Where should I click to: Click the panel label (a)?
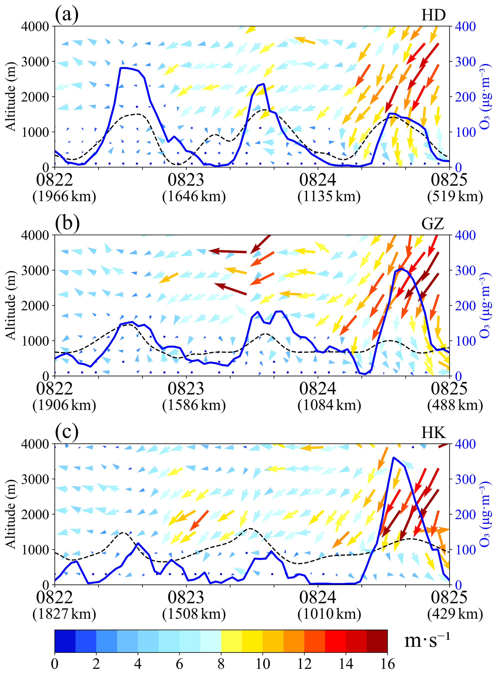(x=66, y=15)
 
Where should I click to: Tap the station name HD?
(x=433, y=15)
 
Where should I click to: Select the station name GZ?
(x=433, y=224)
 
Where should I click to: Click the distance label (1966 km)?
(x=64, y=197)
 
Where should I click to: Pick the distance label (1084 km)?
(x=329, y=405)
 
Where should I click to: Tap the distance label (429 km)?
(x=455, y=614)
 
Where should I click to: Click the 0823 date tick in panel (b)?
(x=186, y=388)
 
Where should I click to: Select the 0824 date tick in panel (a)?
(x=317, y=180)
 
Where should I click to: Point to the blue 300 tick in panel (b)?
(x=465, y=270)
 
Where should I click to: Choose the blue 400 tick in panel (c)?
(x=465, y=444)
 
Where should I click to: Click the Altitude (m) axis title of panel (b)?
(x=11, y=305)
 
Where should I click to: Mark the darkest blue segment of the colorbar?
(x=65, y=641)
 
